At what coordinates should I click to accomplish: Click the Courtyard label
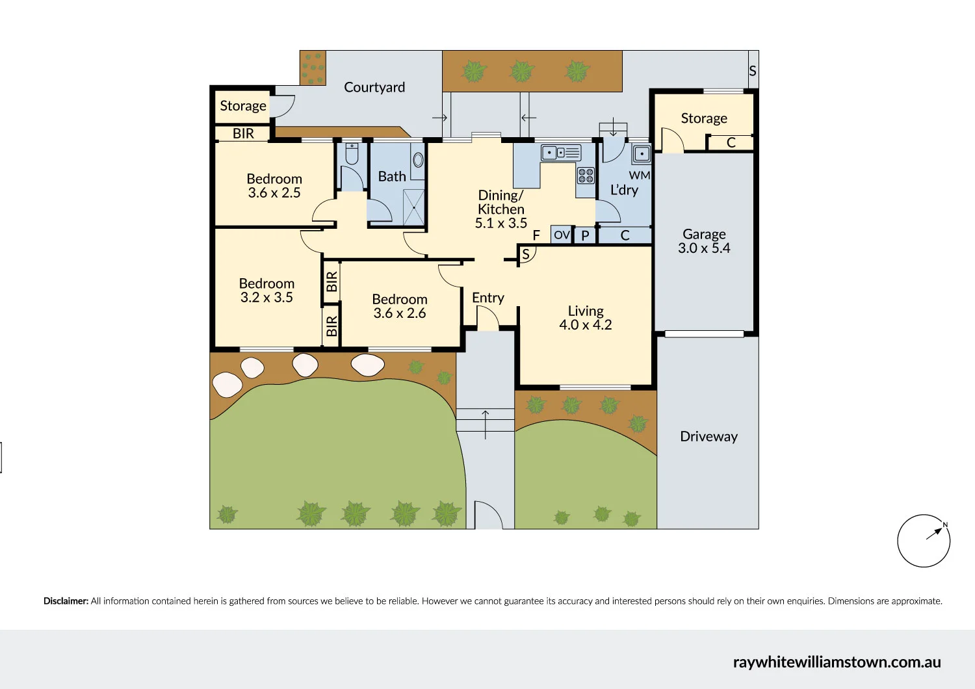coord(374,88)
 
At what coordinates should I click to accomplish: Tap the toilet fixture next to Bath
coord(352,153)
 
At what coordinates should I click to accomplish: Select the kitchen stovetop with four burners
coord(586,175)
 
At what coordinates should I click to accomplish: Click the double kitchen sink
coord(561,152)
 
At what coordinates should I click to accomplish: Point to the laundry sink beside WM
coord(642,153)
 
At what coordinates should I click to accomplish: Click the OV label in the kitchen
coord(562,235)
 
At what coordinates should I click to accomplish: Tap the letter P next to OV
coord(585,235)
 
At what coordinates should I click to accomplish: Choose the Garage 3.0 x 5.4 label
coord(704,240)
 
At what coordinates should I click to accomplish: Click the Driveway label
coord(708,437)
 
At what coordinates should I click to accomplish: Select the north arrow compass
coord(923,541)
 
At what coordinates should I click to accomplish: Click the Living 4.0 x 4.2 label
coord(586,318)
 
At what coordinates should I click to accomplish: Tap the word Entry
coord(488,298)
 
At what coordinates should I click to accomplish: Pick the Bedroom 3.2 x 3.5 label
coord(266,291)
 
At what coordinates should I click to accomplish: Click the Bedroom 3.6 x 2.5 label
coord(274,185)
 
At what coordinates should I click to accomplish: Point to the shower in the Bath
coord(413,207)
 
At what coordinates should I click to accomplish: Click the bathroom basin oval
coord(418,160)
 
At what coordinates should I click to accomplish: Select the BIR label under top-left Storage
coord(243,134)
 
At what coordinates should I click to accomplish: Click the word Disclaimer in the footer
coord(66,601)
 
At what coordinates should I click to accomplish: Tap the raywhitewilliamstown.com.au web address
coord(837,662)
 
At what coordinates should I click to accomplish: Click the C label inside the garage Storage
coord(731,142)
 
